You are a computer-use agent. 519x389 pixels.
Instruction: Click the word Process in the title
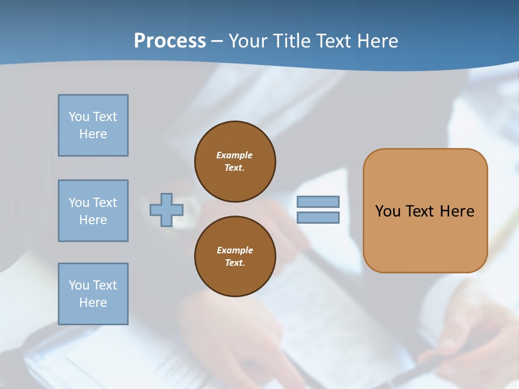click(170, 41)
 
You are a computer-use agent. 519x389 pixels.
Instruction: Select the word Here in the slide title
click(377, 41)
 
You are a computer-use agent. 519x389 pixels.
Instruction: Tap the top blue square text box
click(93, 125)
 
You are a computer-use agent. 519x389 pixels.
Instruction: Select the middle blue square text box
click(93, 211)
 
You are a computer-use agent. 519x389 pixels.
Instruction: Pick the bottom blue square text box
click(93, 294)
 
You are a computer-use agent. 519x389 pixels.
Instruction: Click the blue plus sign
click(167, 210)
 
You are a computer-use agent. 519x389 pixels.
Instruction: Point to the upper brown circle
click(235, 162)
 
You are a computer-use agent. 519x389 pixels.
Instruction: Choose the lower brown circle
click(235, 257)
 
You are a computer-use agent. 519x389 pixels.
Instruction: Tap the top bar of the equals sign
click(318, 202)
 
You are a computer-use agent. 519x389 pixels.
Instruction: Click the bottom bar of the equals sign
click(318, 218)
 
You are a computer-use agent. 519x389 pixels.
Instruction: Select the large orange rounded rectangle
click(425, 211)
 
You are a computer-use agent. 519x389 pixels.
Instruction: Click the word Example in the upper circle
click(235, 155)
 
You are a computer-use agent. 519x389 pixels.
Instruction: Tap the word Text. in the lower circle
click(235, 263)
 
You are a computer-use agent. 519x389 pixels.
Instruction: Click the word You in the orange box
click(388, 211)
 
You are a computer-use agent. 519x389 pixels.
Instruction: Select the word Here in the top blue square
click(93, 134)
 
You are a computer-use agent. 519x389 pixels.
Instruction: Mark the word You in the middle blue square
click(79, 203)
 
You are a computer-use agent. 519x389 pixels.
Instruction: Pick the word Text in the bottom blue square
click(105, 285)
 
